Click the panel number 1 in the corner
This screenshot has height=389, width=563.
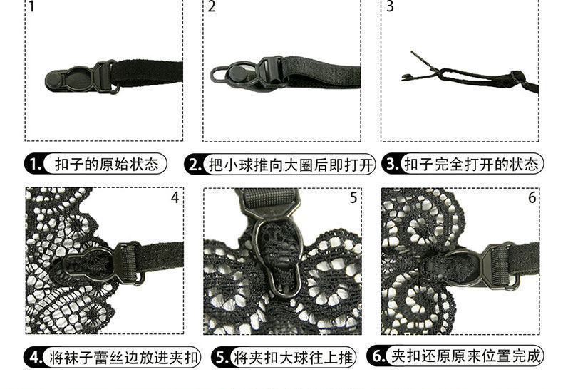(x=32, y=8)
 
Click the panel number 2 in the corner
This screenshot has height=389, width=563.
(x=212, y=8)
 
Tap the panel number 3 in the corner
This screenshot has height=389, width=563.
(x=389, y=8)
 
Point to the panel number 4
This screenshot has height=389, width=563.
(x=175, y=197)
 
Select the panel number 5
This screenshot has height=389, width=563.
(x=353, y=197)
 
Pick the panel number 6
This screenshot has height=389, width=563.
(x=532, y=197)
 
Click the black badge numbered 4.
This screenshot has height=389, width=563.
(x=36, y=356)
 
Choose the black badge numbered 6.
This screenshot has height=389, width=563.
(x=378, y=356)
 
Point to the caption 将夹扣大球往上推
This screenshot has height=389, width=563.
(x=294, y=356)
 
